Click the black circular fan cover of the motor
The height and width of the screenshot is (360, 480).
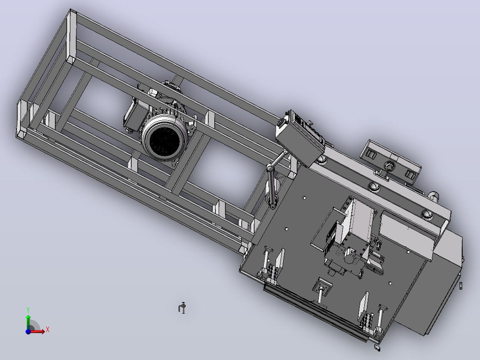click(164, 140)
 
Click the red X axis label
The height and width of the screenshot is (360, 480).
click(48, 330)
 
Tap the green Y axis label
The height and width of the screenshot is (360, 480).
click(28, 310)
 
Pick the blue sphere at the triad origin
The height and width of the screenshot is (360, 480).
click(28, 331)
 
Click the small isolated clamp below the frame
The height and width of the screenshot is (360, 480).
click(182, 307)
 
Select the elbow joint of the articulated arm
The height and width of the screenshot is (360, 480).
click(270, 168)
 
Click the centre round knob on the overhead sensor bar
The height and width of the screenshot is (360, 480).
click(389, 166)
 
